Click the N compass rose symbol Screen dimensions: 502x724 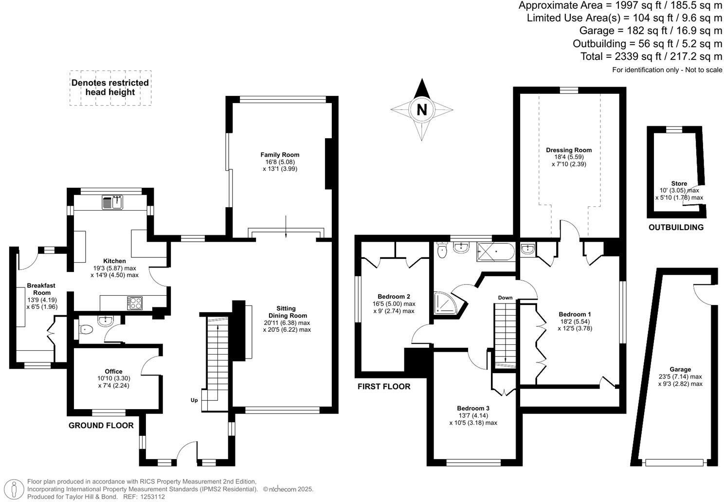click(422, 109)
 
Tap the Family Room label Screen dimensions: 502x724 click(280, 155)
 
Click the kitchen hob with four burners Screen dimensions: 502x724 click(135, 303)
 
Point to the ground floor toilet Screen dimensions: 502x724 click(85, 330)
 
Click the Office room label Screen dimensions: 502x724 click(114, 371)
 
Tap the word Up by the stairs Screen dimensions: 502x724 click(194, 400)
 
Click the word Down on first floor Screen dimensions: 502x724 click(505, 298)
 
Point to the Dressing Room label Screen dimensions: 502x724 click(569, 150)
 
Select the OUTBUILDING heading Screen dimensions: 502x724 click(676, 227)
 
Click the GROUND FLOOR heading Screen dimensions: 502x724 click(101, 426)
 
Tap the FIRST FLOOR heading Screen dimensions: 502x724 click(384, 387)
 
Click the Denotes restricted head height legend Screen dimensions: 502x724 click(110, 88)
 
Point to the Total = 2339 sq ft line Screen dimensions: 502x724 click(651, 56)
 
